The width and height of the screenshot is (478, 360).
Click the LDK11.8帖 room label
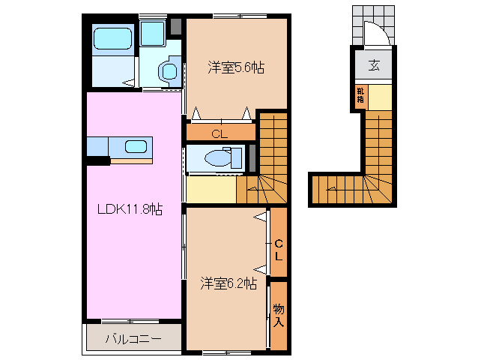[130, 210]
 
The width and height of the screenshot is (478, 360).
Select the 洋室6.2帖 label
[229, 283]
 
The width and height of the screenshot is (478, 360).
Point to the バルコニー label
[133, 338]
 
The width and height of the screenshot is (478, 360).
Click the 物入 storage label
[279, 314]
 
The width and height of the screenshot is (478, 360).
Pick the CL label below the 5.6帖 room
[219, 135]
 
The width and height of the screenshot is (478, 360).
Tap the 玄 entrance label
[374, 65]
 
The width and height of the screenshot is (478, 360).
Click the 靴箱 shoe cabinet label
[361, 95]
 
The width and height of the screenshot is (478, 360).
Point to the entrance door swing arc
[375, 34]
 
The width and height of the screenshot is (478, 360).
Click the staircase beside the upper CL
[273, 157]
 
